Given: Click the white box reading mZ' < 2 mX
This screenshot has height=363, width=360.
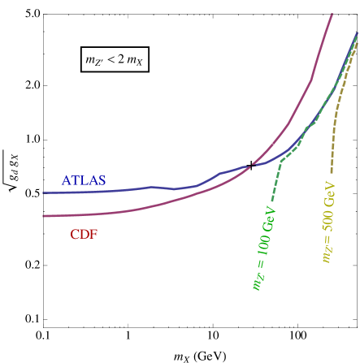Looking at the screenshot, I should point(114,59).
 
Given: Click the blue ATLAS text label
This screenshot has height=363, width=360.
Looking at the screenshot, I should point(84,180).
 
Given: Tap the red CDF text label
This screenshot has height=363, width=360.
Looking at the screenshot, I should point(84,235).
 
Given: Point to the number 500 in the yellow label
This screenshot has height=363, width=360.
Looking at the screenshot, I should point(327,223).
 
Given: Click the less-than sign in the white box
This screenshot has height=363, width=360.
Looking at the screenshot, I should point(114,59).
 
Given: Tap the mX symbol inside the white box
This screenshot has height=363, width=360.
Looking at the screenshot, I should point(136,60).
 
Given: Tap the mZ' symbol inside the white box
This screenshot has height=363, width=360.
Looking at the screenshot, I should point(94,60).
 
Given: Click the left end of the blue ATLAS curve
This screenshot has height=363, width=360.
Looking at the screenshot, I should point(43,192).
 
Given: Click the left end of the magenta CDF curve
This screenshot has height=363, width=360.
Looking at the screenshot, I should point(43,216).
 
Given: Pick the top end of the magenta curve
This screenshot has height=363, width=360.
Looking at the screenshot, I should point(333,13).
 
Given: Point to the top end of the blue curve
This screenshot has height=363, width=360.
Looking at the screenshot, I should point(358,33).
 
